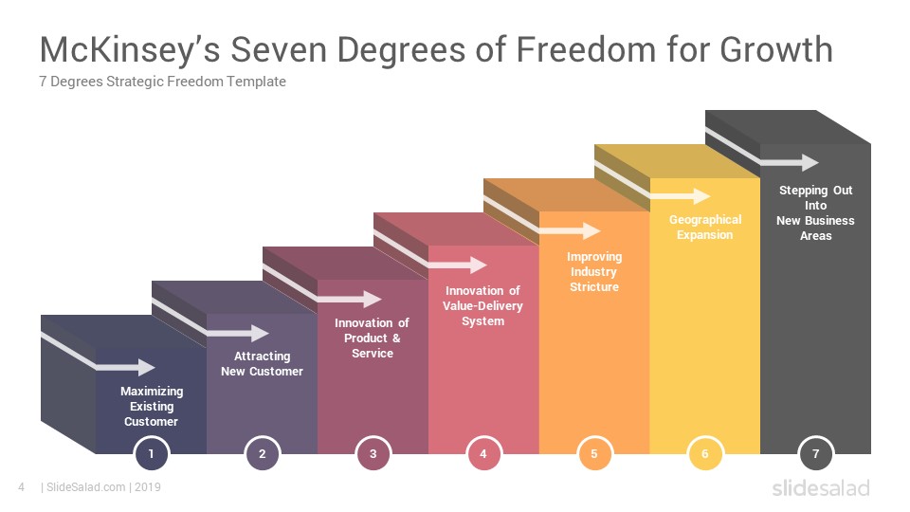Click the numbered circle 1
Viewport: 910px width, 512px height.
pyautogui.click(x=152, y=453)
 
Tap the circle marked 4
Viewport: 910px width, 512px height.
pyautogui.click(x=483, y=453)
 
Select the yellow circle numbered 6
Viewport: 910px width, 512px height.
pyautogui.click(x=705, y=453)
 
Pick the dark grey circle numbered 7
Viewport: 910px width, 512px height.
pyautogui.click(x=815, y=453)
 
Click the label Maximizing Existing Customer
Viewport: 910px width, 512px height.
pyautogui.click(x=152, y=407)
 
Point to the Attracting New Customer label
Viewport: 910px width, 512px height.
pyautogui.click(x=262, y=364)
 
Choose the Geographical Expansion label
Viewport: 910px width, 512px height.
pyautogui.click(x=705, y=227)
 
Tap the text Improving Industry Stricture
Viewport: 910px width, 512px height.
pyautogui.click(x=594, y=272)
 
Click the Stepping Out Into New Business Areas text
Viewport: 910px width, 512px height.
pyautogui.click(x=815, y=212)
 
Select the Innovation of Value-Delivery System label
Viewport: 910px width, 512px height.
pyautogui.click(x=482, y=306)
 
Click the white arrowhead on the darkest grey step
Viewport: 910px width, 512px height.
pyautogui.click(x=810, y=162)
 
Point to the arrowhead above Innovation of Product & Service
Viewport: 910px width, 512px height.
pyautogui.click(x=373, y=300)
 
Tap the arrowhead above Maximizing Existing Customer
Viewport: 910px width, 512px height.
pyautogui.click(x=146, y=368)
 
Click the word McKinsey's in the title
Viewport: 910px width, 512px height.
pyautogui.click(x=130, y=49)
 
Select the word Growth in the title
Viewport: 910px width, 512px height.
pyautogui.click(x=776, y=49)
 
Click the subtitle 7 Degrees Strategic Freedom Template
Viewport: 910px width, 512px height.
pyautogui.click(x=162, y=82)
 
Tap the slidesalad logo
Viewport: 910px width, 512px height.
pyautogui.click(x=821, y=487)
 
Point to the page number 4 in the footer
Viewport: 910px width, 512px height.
pyautogui.click(x=22, y=487)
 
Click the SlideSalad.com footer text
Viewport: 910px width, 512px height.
pyautogui.click(x=86, y=487)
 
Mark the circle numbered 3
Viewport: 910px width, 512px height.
pyautogui.click(x=373, y=453)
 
